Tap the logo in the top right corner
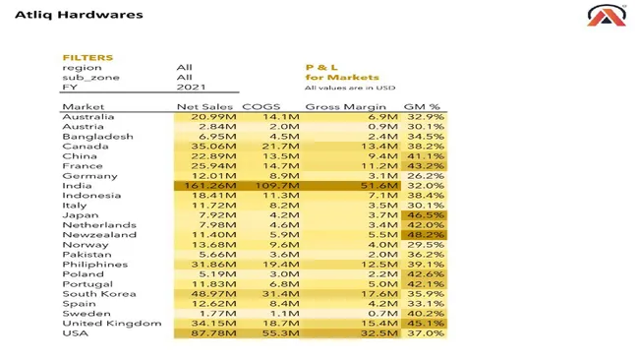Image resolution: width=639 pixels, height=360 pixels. tap(601, 15)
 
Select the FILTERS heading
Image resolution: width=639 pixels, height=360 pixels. tap(87, 58)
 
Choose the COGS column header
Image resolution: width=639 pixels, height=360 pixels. tap(261, 106)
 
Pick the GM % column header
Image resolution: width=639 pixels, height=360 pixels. tap(423, 106)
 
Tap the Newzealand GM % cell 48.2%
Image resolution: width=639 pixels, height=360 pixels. tap(426, 235)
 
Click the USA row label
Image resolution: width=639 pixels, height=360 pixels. tap(75, 333)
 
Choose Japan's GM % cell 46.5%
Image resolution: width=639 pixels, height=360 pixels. tap(426, 214)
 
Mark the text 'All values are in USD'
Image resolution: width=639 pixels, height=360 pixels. tap(351, 88)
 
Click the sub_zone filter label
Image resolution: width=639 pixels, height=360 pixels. tap(86, 78)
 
